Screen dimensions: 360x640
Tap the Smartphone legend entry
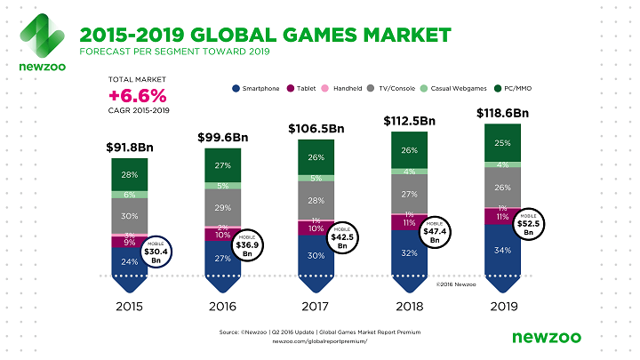click(x=258, y=89)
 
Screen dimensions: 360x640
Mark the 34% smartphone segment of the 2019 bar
click(x=503, y=248)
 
